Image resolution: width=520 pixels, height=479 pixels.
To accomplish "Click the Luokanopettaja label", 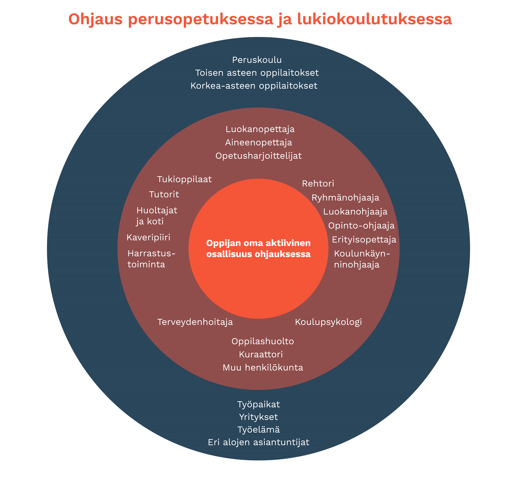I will (x=260, y=129).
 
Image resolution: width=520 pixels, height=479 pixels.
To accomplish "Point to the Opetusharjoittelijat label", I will (x=258, y=156).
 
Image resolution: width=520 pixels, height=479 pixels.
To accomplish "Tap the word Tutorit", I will (x=164, y=194).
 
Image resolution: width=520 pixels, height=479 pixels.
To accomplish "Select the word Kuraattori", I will (x=260, y=354).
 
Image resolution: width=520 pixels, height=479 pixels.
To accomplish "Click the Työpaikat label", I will (x=258, y=404).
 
